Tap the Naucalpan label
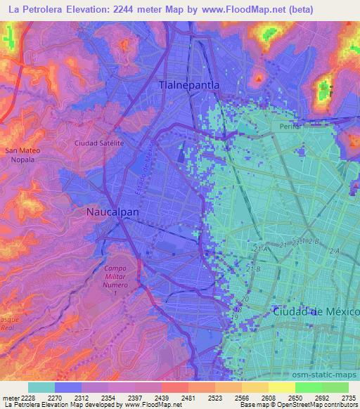112,211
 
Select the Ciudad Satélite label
99,143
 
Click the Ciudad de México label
316,311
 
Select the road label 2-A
334,250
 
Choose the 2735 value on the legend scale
347,396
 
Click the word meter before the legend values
12,396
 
